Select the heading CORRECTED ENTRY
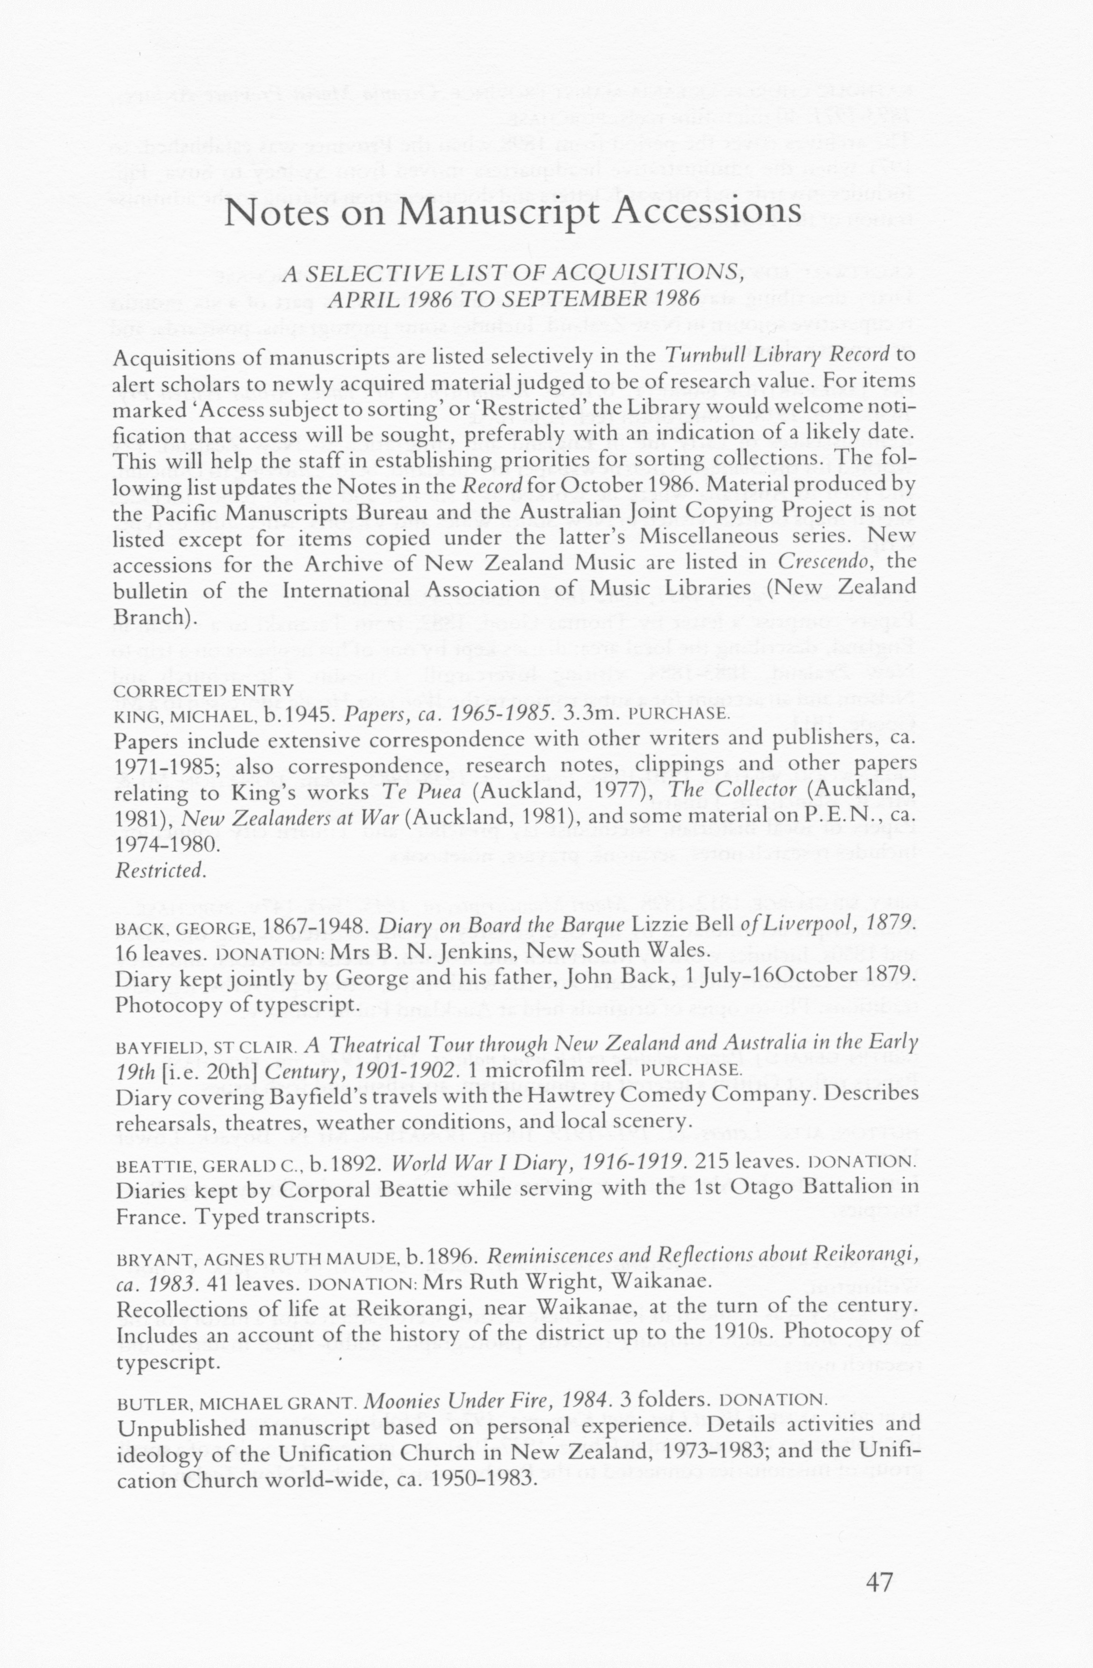[203, 690]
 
